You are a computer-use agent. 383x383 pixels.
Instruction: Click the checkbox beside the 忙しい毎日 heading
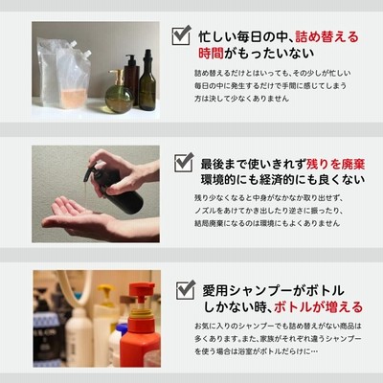pyautogui.click(x=182, y=34)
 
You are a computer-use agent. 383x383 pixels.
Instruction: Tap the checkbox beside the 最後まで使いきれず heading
pyautogui.click(x=184, y=162)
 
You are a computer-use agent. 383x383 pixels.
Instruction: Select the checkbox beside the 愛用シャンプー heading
pyautogui.click(x=186, y=289)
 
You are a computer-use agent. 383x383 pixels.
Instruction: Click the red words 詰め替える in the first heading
pyautogui.click(x=327, y=37)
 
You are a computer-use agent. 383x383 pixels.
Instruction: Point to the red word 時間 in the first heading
pyautogui.click(x=211, y=54)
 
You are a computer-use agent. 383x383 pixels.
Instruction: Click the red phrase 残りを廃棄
pyautogui.click(x=335, y=164)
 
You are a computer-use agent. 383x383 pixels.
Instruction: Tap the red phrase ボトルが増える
pyautogui.click(x=318, y=307)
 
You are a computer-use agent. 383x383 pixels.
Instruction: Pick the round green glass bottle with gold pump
pyautogui.click(x=120, y=93)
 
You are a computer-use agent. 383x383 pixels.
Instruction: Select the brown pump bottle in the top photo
pyautogui.click(x=131, y=79)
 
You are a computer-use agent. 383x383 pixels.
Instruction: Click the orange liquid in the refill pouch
pyautogui.click(x=74, y=99)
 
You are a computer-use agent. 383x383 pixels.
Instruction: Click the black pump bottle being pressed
pyautogui.click(x=117, y=189)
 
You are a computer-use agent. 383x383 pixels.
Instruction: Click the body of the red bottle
pyautogui.click(x=141, y=345)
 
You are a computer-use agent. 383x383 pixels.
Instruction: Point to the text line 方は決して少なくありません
pyautogui.click(x=242, y=99)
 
